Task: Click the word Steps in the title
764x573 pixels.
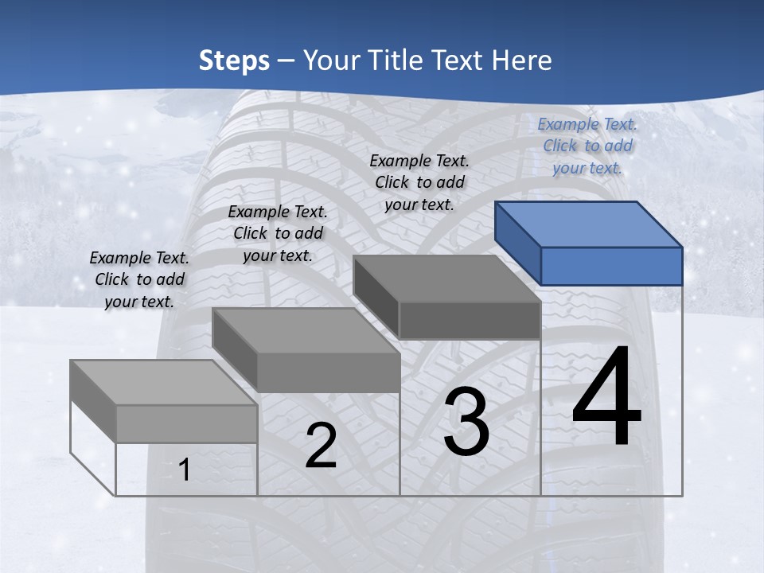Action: (234, 60)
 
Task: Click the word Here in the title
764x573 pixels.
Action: (521, 60)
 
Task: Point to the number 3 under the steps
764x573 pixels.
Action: (466, 422)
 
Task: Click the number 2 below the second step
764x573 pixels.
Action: (321, 446)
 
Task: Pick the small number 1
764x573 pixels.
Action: (185, 470)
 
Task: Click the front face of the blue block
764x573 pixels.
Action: (611, 266)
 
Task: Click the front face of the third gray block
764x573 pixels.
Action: (470, 321)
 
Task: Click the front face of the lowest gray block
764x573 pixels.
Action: (186, 423)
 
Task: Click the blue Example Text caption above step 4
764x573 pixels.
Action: (587, 146)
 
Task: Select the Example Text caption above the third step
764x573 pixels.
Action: (419, 182)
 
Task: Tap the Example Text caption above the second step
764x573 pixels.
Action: (278, 233)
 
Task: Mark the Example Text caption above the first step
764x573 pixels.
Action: (139, 279)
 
